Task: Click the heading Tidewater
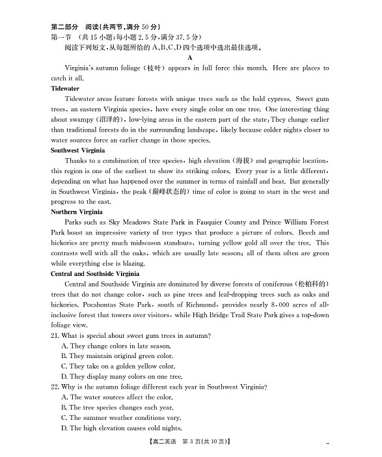click(x=65, y=89)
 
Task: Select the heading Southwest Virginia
click(x=77, y=150)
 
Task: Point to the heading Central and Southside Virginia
click(x=96, y=274)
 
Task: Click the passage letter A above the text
click(x=190, y=57)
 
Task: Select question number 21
click(x=55, y=335)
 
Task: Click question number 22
click(x=55, y=387)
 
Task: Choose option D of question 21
click(x=122, y=376)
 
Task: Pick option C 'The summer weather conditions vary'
click(x=121, y=418)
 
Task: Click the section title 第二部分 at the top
click(x=64, y=27)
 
